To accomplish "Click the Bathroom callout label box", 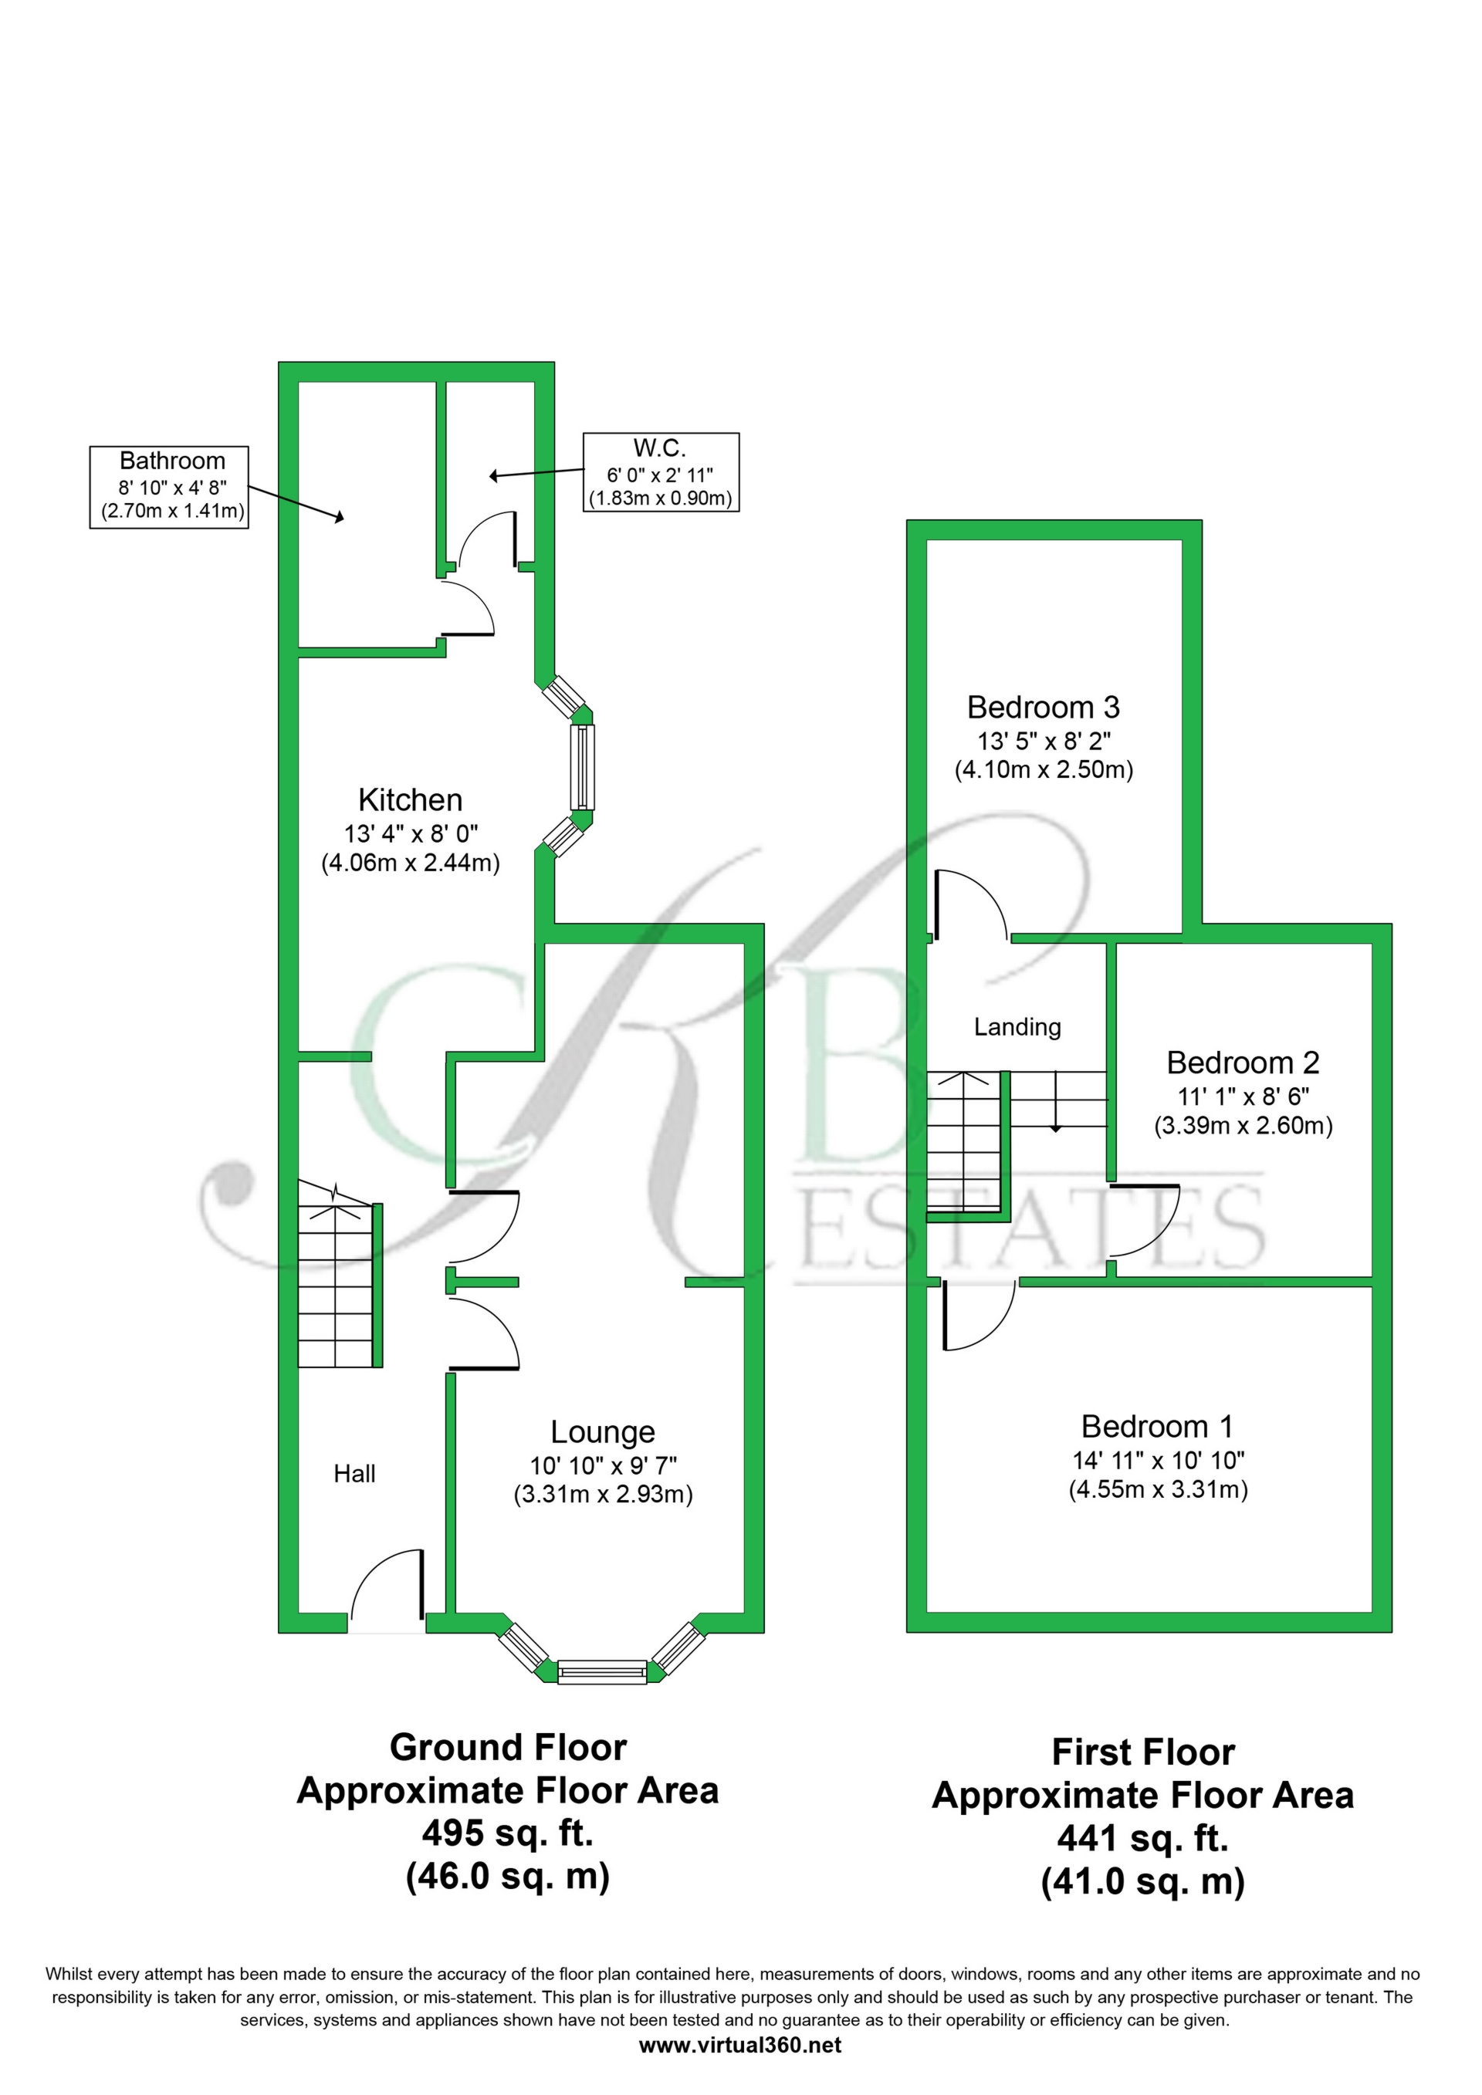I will [169, 486].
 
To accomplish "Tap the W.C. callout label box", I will [660, 471].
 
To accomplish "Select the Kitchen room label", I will [410, 800].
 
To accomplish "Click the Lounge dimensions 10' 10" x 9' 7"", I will [602, 1465].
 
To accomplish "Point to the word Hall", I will [354, 1474].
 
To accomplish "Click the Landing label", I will [1017, 1027].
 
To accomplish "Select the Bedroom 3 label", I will [1043, 707].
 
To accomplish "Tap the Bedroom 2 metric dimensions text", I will [1243, 1126].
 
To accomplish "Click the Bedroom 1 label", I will [1156, 1426].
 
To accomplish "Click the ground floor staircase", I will [336, 1286].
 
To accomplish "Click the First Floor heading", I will [1142, 1752].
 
